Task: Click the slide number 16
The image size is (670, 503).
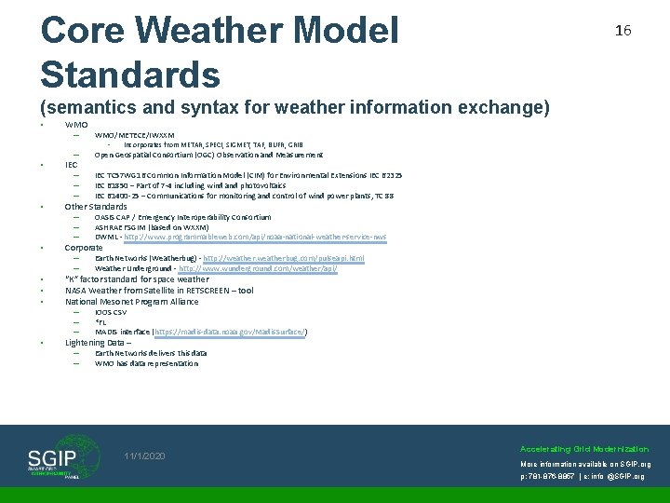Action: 623,31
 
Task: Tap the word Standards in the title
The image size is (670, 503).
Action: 130,75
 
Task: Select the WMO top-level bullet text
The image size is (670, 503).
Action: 76,125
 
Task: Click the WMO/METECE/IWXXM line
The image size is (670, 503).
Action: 134,135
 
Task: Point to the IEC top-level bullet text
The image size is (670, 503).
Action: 71,164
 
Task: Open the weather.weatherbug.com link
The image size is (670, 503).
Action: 283,258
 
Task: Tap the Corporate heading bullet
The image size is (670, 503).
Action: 84,248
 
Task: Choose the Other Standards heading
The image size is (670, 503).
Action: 96,206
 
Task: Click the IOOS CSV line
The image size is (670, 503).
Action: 112,312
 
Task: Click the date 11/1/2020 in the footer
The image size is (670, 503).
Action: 144,456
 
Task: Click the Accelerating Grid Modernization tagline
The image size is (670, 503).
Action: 584,448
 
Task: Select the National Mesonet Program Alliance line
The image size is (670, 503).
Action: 131,301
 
